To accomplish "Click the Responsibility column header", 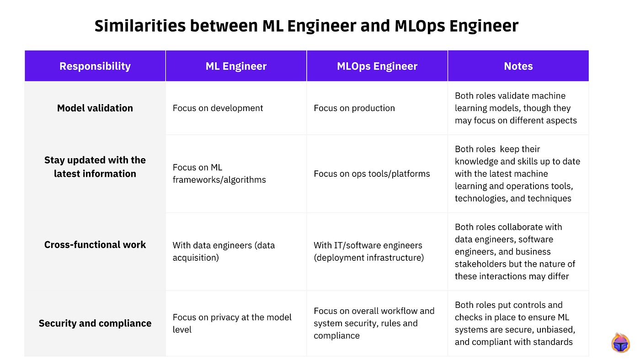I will (x=95, y=66).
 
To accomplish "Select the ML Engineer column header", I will (x=236, y=66).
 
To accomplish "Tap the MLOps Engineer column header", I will (x=377, y=66).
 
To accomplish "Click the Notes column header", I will (x=518, y=66).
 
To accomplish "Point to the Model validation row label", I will (x=95, y=108).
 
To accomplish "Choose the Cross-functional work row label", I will (x=95, y=245).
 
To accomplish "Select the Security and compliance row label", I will (x=95, y=323).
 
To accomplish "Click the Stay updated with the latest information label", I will (x=95, y=167).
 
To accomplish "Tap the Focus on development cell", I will (x=218, y=108).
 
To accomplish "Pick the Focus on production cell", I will (x=354, y=108).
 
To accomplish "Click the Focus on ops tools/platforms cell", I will (x=372, y=174).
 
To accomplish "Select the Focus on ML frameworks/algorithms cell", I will (x=219, y=174).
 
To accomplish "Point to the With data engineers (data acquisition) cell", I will (x=224, y=251).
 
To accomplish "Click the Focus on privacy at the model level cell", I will (x=232, y=323).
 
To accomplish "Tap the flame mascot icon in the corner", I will (x=620, y=343).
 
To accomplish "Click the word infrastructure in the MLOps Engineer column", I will (x=394, y=258).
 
